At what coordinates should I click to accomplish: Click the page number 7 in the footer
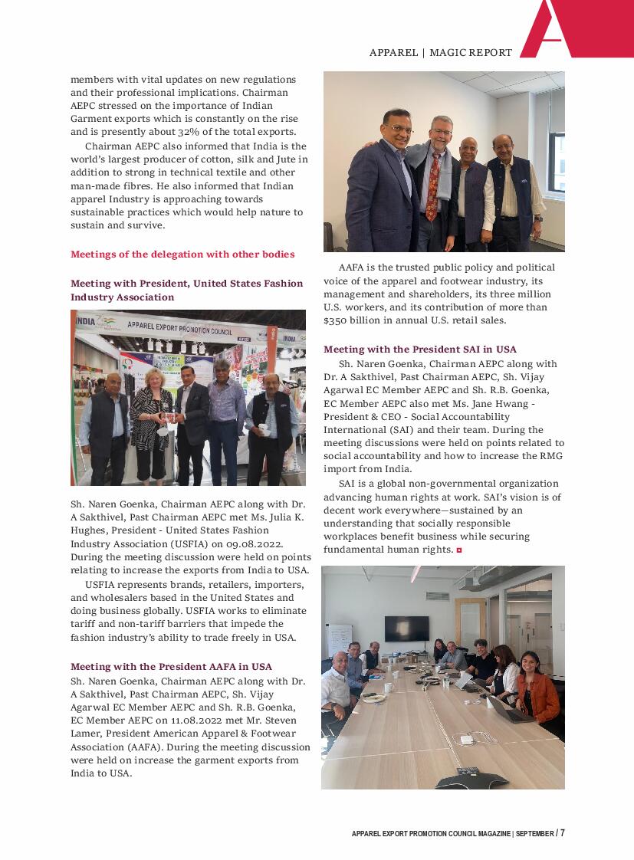point(562,833)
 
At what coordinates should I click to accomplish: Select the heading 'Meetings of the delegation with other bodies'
point(182,254)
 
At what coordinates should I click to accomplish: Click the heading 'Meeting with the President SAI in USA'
point(419,350)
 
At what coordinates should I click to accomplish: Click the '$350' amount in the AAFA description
point(337,320)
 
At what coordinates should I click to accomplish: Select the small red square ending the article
point(459,550)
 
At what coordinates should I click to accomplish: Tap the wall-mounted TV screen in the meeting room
point(406,628)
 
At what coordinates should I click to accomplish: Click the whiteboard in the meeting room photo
point(340,639)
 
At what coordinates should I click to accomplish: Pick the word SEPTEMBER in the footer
point(534,834)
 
